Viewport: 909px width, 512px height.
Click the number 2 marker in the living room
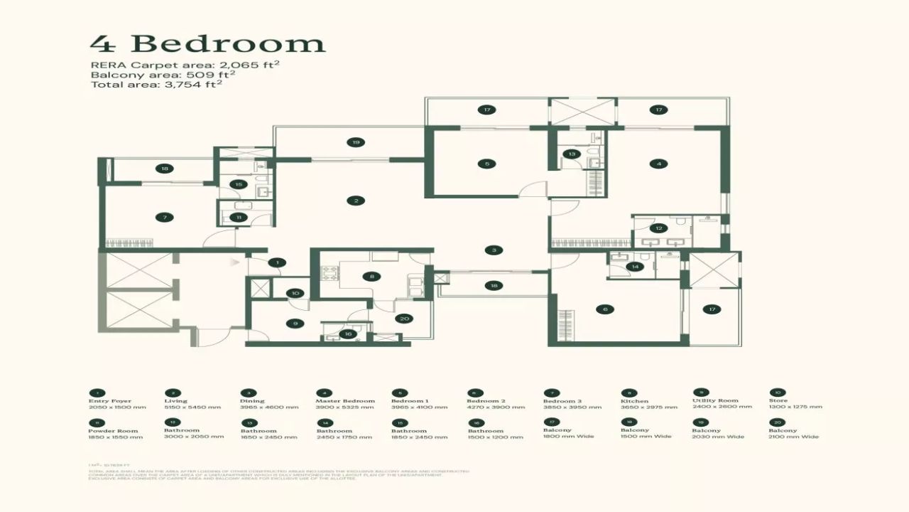click(356, 201)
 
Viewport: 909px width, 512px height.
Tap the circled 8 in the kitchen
click(371, 277)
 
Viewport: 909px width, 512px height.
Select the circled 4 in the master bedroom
click(658, 164)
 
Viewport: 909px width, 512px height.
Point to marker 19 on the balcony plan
click(356, 142)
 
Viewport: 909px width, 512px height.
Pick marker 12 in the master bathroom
click(658, 228)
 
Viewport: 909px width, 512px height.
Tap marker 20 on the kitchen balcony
click(404, 319)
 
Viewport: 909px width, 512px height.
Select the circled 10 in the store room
click(296, 293)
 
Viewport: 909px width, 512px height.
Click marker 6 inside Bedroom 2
click(604, 309)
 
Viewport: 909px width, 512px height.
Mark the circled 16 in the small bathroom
click(347, 334)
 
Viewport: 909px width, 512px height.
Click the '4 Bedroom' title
click(207, 43)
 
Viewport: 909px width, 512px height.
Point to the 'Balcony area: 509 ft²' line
click(163, 74)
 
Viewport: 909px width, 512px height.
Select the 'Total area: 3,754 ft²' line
click(156, 84)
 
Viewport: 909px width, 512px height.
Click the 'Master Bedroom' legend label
click(345, 401)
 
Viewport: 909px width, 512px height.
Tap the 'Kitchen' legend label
click(634, 401)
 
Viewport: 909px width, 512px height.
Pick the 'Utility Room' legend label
click(715, 400)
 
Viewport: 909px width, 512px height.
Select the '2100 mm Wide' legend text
click(793, 437)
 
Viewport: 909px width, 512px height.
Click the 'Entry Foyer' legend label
click(110, 401)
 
